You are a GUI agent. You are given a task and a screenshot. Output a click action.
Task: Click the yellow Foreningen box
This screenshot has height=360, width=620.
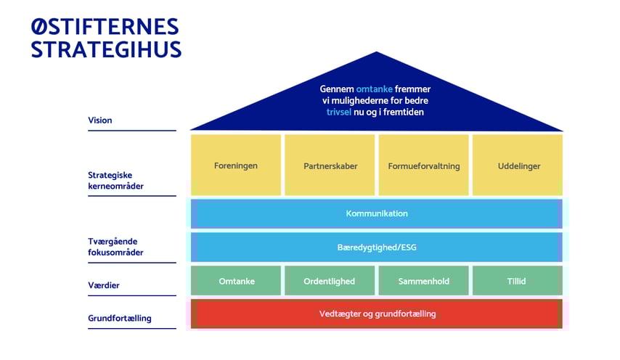236,165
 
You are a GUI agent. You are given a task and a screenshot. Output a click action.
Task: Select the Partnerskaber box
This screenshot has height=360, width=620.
330,165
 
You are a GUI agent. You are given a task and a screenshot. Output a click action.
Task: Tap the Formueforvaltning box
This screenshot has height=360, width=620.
424,165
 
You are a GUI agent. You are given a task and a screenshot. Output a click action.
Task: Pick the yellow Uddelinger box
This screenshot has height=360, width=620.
518,165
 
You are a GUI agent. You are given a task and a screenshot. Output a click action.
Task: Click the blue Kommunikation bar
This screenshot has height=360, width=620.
377,213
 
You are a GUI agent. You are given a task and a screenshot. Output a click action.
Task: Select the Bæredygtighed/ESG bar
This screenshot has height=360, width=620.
377,247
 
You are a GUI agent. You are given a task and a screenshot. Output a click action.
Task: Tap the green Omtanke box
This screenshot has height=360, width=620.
237,281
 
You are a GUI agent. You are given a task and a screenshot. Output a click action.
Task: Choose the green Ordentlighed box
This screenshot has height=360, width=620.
330,281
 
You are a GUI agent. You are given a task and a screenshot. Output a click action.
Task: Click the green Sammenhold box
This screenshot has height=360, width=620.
424,281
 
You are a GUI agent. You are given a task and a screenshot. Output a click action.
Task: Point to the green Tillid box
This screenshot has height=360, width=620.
518,281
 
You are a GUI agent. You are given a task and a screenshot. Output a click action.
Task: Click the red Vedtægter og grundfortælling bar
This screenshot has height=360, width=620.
377,314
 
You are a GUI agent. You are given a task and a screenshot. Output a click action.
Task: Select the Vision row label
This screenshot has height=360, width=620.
100,120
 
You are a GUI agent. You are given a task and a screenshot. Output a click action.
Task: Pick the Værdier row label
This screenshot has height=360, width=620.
104,285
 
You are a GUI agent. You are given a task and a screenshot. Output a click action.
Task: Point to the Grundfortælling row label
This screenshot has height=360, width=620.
120,318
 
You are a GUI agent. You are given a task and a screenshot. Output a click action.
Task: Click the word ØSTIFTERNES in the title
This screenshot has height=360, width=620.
105,28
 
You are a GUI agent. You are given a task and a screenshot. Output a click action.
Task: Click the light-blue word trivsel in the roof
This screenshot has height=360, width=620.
340,112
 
